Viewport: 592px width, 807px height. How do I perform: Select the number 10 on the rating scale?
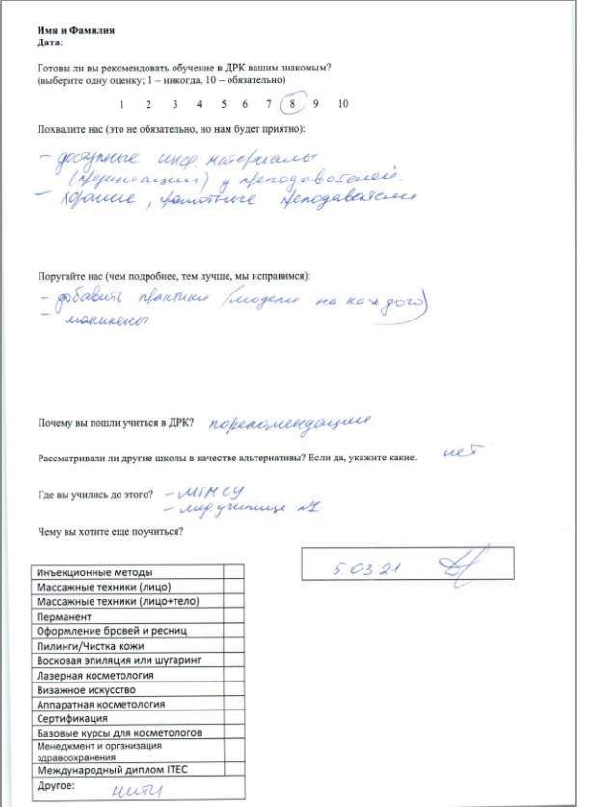[x=343, y=104]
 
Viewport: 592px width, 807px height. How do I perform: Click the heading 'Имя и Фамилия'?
[x=76, y=31]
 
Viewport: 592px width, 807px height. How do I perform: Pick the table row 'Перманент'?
[x=128, y=616]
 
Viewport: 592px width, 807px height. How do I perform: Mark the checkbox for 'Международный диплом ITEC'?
[x=232, y=770]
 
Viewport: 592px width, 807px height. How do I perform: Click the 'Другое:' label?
[x=57, y=787]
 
